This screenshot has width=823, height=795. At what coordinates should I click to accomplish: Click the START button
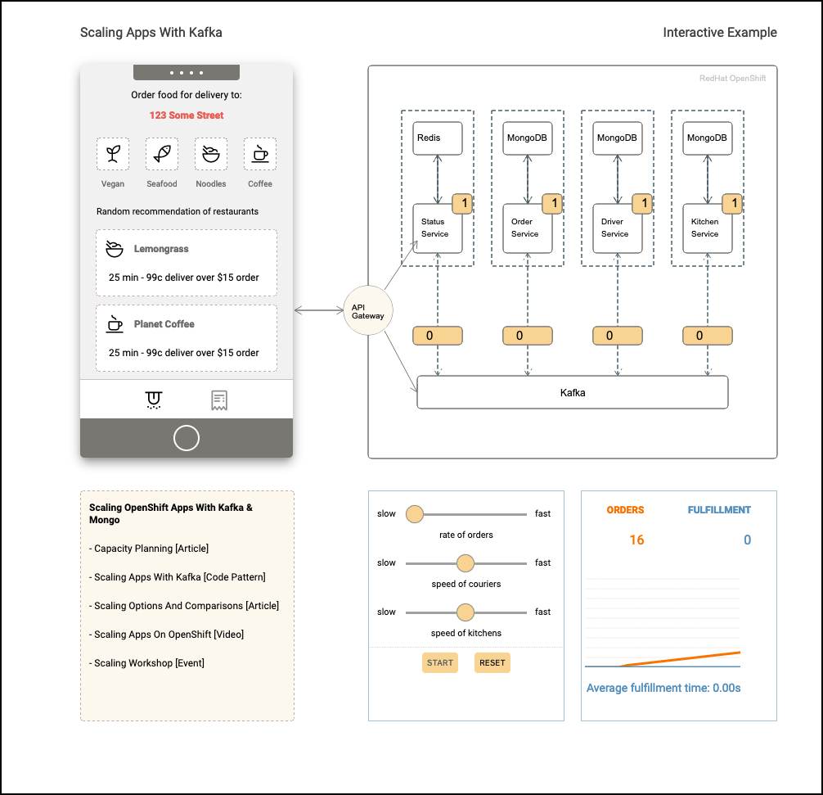click(440, 662)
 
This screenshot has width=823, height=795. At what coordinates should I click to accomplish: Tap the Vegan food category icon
click(113, 154)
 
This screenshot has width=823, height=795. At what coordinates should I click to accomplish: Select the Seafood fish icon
click(162, 154)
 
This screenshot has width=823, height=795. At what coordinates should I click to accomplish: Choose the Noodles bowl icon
click(211, 154)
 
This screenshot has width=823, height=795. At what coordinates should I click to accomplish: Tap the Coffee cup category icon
click(260, 154)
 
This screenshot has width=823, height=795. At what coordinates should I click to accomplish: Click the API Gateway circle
click(368, 310)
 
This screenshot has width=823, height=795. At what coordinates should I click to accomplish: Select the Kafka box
click(572, 392)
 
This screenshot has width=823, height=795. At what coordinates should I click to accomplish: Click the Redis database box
click(437, 138)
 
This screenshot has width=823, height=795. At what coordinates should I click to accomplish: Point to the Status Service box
click(437, 228)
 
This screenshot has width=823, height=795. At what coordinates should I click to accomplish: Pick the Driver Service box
click(617, 228)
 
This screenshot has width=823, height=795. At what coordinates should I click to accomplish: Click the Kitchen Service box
click(707, 228)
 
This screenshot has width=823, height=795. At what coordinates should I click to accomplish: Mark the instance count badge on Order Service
click(553, 203)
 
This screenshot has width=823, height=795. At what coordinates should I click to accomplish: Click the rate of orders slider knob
click(415, 514)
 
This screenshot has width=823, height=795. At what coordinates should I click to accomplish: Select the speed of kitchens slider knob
click(465, 612)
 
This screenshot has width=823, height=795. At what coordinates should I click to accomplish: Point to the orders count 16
click(636, 540)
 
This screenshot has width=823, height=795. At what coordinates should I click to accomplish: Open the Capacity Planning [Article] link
click(149, 548)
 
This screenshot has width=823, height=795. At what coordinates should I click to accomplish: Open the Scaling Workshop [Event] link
click(147, 663)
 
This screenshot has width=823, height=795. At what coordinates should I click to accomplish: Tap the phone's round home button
click(187, 438)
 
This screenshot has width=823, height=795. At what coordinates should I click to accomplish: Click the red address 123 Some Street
click(187, 115)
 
